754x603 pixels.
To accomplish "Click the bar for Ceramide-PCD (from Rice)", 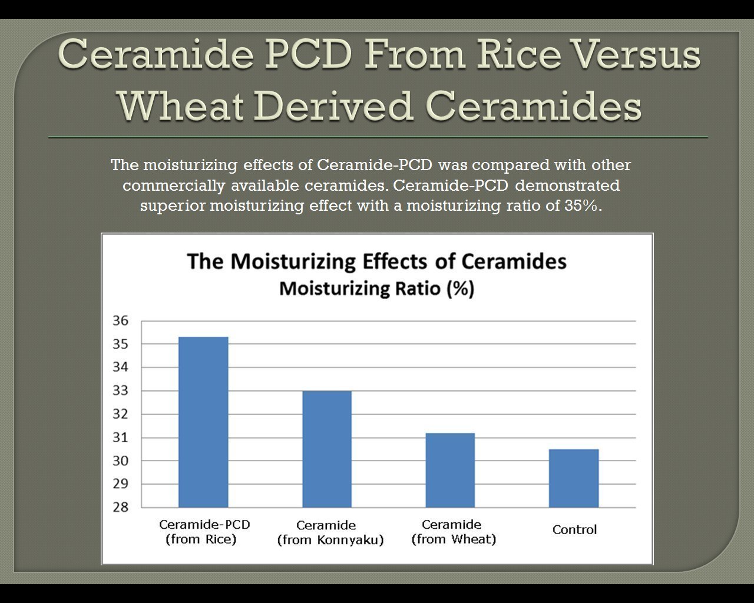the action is (x=203, y=422).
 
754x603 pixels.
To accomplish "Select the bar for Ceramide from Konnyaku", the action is (x=327, y=449).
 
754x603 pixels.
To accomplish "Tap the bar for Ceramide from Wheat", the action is (x=450, y=470).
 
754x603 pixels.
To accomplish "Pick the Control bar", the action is (x=574, y=478).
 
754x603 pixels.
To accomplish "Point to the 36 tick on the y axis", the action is (x=121, y=320).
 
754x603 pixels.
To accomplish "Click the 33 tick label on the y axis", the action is (x=121, y=390).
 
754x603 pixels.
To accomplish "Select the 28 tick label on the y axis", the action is (x=121, y=507).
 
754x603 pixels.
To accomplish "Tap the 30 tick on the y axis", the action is (x=121, y=460).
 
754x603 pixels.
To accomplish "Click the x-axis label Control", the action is (x=574, y=529).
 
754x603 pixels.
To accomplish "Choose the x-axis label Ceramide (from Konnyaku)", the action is (x=330, y=532).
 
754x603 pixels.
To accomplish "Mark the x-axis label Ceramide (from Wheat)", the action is (x=454, y=532).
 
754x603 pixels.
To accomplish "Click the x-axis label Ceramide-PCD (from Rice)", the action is (x=204, y=532).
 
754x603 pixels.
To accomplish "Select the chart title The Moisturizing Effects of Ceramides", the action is (x=376, y=261).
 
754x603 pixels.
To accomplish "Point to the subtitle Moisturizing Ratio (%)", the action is (x=376, y=289).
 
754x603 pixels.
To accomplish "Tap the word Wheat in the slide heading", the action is (x=181, y=105).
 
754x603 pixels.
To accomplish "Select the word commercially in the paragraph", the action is (x=174, y=185).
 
